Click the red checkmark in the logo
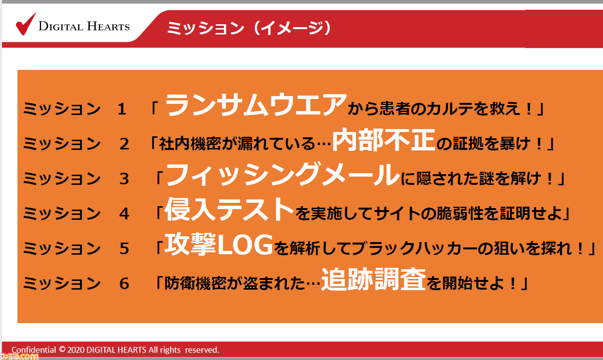[26, 24]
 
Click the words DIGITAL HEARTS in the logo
[84, 26]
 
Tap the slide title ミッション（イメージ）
[249, 28]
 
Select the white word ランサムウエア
[256, 104]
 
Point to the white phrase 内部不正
[384, 140]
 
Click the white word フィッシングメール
[283, 175]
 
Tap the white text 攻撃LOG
[218, 244]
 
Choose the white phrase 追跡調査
[374, 279]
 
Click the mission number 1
[122, 109]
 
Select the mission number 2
[124, 144]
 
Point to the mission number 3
[124, 179]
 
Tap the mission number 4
[124, 213]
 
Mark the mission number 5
[124, 248]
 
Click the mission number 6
[124, 283]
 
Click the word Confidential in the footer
[33, 350]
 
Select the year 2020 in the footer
[76, 350]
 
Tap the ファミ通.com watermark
[19, 356]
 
